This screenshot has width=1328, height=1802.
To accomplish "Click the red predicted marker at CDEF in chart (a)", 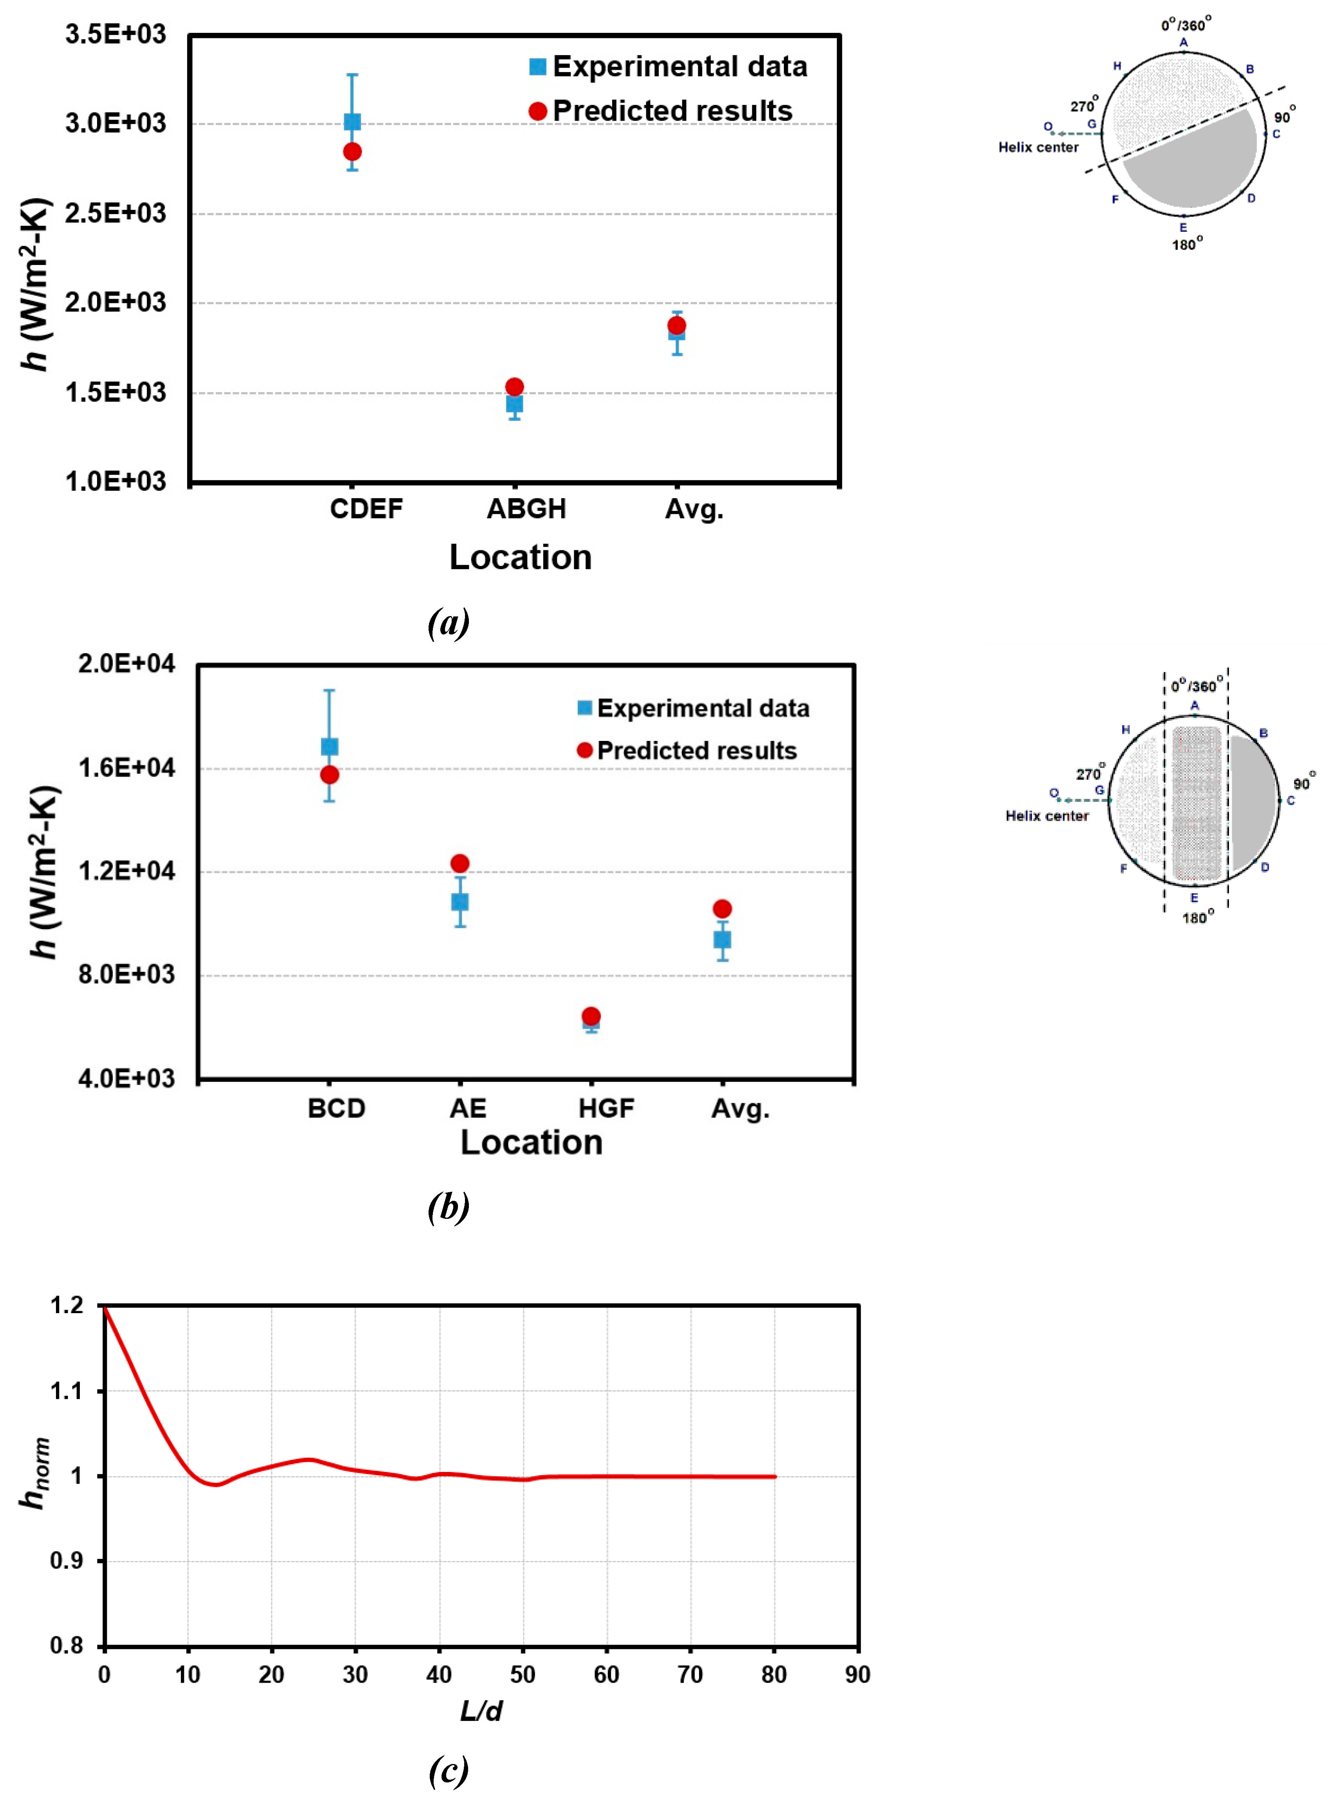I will click(x=352, y=152).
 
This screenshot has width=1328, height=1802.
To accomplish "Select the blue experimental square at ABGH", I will click(x=514, y=404).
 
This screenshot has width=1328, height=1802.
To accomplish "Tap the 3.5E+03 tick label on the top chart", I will click(x=116, y=34).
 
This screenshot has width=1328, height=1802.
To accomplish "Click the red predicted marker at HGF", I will click(x=591, y=1016).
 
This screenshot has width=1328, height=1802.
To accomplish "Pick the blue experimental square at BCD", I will click(x=330, y=747).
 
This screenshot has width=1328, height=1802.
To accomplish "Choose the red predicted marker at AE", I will click(x=460, y=863).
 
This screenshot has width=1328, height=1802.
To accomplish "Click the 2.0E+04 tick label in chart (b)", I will click(x=126, y=664).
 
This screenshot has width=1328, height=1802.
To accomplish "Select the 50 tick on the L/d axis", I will click(x=523, y=1674).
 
